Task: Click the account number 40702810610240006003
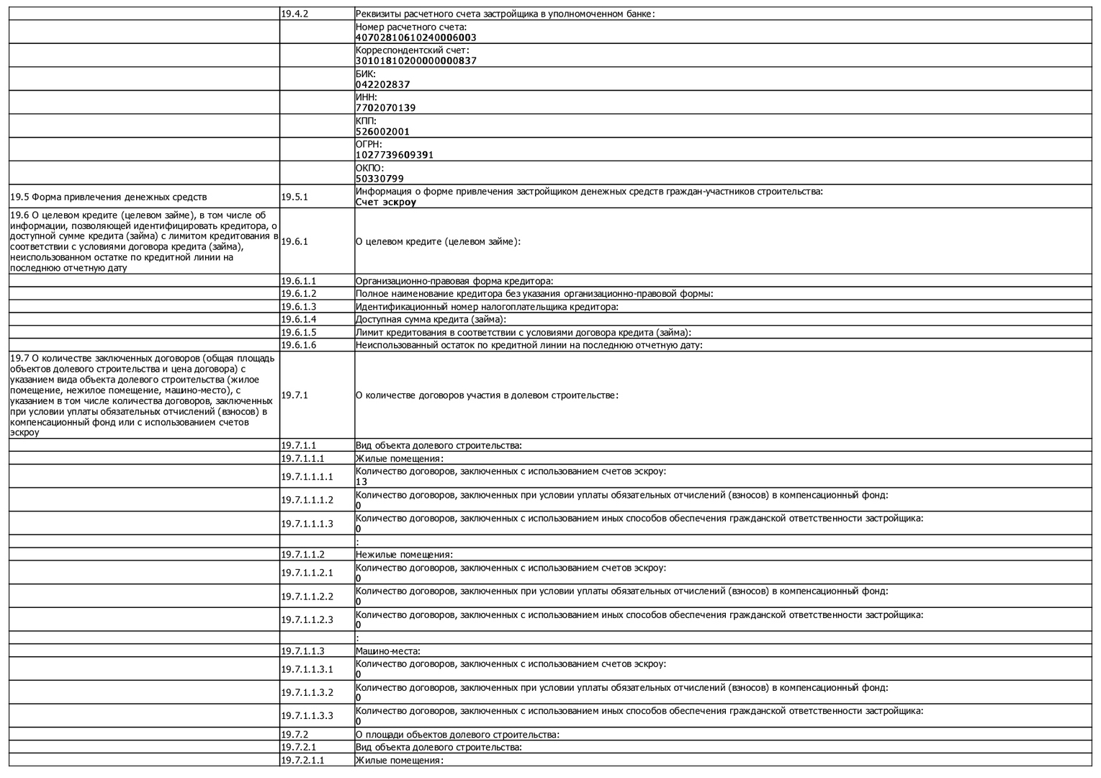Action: [x=415, y=37]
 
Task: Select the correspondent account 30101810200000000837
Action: [x=415, y=61]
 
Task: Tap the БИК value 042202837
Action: [x=382, y=84]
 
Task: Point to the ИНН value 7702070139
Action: [x=385, y=108]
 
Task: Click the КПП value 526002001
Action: [x=382, y=132]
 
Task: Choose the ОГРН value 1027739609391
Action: [x=394, y=155]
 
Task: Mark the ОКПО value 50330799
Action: [x=379, y=179]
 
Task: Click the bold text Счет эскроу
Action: [x=386, y=202]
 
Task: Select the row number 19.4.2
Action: [x=295, y=14]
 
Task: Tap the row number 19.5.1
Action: [x=295, y=197]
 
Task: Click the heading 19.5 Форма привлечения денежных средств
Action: [x=109, y=197]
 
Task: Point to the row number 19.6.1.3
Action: [x=299, y=307]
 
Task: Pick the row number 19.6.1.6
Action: [x=299, y=345]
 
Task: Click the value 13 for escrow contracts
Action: [x=361, y=482]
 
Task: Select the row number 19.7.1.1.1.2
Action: [x=307, y=500]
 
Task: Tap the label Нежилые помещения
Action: [x=403, y=555]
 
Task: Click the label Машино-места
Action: [x=387, y=651]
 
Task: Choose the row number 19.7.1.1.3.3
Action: [x=307, y=716]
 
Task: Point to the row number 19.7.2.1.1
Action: [x=303, y=761]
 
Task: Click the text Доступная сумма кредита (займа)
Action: [x=431, y=319]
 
